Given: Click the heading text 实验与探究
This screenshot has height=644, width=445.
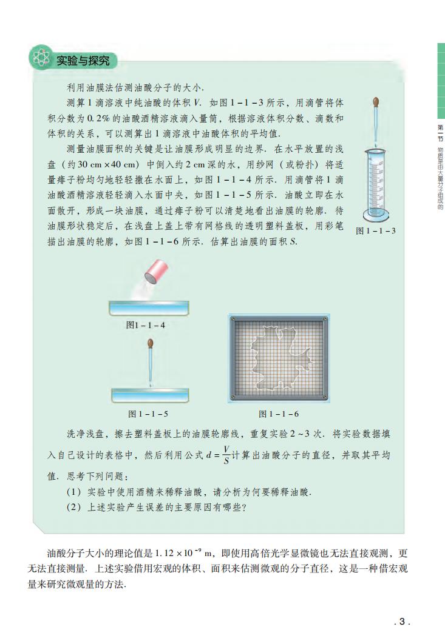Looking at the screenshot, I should (x=82, y=61).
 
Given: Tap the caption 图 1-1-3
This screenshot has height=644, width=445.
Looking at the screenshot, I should (x=375, y=230).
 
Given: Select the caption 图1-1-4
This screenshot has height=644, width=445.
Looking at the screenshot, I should (x=146, y=325).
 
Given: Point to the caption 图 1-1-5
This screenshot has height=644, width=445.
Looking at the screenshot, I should (x=148, y=414).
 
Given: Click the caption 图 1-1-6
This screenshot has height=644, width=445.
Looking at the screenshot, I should (x=279, y=414).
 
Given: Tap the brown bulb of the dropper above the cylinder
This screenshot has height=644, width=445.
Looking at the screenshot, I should (x=376, y=104).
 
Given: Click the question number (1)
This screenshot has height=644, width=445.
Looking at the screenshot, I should (x=73, y=492).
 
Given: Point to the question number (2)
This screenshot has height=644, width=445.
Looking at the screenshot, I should (x=73, y=508).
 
